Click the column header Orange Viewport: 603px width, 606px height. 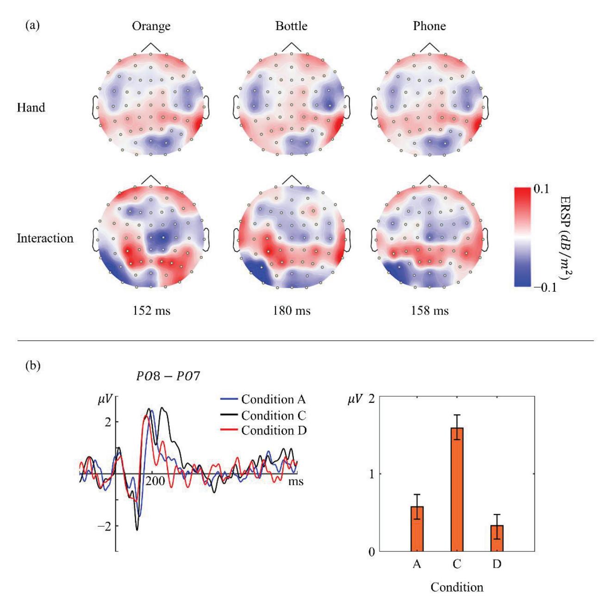pyautogui.click(x=151, y=26)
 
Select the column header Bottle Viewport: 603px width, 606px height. pyautogui.click(x=291, y=26)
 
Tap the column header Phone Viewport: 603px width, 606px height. pyautogui.click(x=429, y=26)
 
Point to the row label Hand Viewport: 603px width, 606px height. pyautogui.click(x=31, y=107)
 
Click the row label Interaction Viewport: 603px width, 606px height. pyautogui.click(x=45, y=238)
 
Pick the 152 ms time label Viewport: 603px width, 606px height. pyautogui.click(x=151, y=311)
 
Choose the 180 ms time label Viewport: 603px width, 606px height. pyautogui.click(x=291, y=311)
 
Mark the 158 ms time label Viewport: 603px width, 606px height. pyautogui.click(x=429, y=311)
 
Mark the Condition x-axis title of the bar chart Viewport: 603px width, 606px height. pyautogui.click(x=457, y=587)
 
